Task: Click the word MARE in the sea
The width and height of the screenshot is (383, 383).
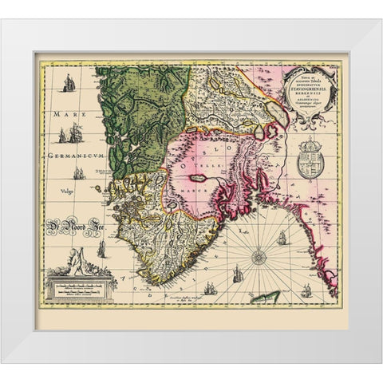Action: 64,115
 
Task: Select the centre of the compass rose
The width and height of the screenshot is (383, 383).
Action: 259,257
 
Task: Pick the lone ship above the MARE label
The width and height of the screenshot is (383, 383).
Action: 69,83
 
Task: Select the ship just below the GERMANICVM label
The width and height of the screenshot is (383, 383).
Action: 78,172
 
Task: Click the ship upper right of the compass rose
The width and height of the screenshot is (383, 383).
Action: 282,237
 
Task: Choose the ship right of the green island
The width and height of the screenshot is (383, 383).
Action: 305,286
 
